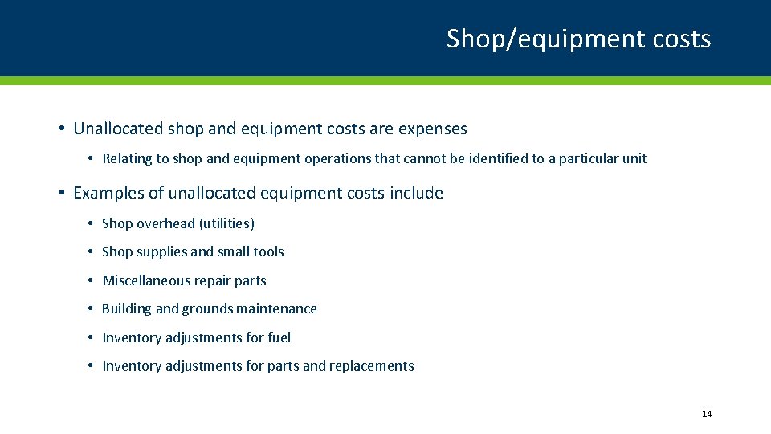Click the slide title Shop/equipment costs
tap(578, 39)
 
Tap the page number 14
tap(707, 414)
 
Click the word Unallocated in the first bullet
tap(118, 129)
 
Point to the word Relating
tap(127, 158)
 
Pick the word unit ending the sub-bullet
tap(634, 158)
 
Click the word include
tap(418, 193)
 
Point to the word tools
tap(268, 252)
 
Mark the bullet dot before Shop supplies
tap(92, 252)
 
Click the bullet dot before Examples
tap(62, 193)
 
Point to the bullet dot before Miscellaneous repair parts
tap(92, 280)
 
